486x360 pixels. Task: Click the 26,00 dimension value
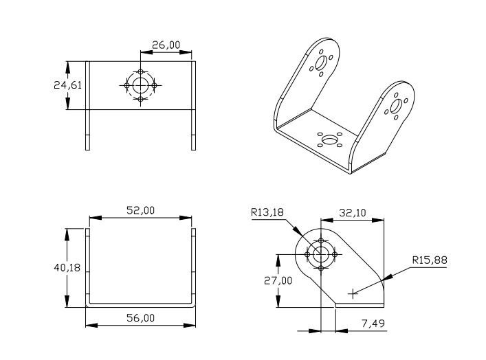pos(166,45)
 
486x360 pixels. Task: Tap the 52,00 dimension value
pos(140,211)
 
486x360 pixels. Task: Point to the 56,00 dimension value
pos(140,317)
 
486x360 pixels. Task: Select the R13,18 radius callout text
pos(268,213)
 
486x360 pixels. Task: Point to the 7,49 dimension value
pos(373,323)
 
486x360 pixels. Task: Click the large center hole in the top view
pos(141,85)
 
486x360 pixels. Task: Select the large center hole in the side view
pos(321,254)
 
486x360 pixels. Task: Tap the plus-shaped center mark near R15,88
pos(353,293)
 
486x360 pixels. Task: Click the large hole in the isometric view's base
pos(331,141)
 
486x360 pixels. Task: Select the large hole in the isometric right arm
pos(397,106)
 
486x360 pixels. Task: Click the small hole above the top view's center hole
pos(141,71)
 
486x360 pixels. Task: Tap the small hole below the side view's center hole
pos(321,268)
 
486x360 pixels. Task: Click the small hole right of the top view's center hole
pos(155,85)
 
